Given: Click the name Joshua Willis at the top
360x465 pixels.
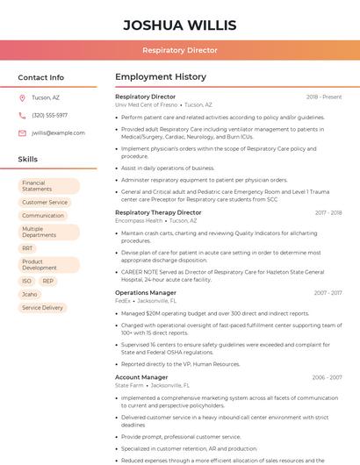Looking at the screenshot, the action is [180, 24].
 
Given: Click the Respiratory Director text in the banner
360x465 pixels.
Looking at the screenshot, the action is [180, 50].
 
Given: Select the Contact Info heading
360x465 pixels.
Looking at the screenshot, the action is [41, 77].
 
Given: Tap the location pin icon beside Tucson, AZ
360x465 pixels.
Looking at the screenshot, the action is [22, 97].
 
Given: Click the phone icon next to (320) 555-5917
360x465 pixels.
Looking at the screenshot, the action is [22, 115].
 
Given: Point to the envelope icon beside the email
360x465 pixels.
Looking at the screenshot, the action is [22, 132].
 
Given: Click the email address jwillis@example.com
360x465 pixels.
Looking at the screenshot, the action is [58, 132].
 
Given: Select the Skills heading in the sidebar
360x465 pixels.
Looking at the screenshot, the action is [28, 160].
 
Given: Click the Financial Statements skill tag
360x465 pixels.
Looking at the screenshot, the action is [49, 186].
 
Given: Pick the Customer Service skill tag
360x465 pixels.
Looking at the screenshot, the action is [45, 202].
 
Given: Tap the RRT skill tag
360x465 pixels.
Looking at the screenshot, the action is [28, 248].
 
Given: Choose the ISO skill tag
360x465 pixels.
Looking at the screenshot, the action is [27, 281].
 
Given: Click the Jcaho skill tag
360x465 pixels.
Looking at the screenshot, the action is [30, 295].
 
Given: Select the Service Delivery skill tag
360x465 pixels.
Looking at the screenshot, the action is [43, 308].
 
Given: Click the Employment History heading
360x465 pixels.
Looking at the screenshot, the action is [161, 77].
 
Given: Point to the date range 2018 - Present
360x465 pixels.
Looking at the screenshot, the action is [324, 97].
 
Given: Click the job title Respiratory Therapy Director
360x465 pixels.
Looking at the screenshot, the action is [158, 212].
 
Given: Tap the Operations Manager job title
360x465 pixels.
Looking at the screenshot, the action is [146, 292].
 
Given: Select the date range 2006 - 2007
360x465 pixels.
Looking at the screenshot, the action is [327, 377].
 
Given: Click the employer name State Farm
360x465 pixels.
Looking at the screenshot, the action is [129, 385].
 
